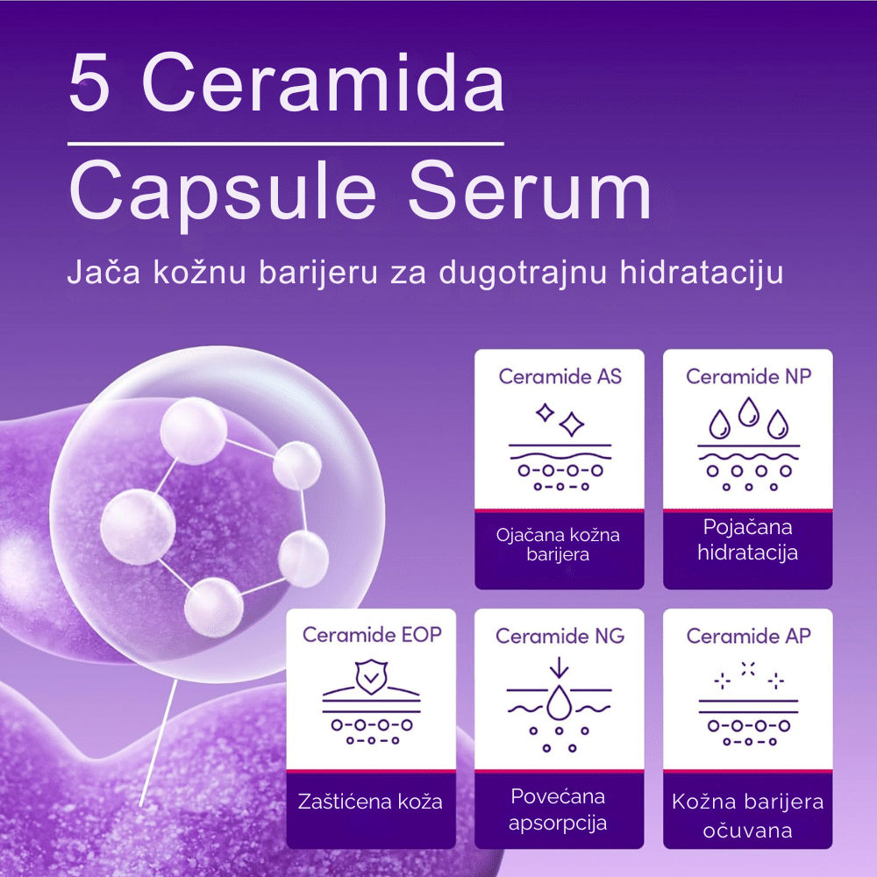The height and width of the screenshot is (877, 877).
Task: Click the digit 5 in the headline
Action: (89, 82)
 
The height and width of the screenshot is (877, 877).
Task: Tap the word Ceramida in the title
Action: (324, 82)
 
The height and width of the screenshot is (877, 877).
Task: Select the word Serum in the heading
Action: (530, 189)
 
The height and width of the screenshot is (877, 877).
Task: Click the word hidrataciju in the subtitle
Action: (701, 273)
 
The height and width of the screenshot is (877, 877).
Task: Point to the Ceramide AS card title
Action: (560, 376)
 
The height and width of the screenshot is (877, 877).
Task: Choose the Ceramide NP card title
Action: (748, 376)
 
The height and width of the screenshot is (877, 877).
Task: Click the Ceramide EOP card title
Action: (372, 634)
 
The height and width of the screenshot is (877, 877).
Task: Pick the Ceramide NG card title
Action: (560, 635)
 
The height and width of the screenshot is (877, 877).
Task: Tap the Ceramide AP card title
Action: (748, 635)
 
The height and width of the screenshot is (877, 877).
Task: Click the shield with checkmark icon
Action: (371, 677)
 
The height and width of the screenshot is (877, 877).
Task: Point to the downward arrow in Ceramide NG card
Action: (559, 667)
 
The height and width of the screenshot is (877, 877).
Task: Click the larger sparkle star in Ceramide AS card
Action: (572, 424)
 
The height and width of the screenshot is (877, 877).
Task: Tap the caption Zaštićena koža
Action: (370, 802)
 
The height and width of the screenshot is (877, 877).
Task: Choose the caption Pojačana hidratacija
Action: (748, 539)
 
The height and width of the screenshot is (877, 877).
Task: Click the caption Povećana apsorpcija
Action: (558, 809)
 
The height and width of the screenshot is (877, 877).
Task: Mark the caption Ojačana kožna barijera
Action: (558, 545)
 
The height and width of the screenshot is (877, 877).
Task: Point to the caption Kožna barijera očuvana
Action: (748, 816)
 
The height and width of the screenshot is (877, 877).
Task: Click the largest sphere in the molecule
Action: (138, 526)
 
